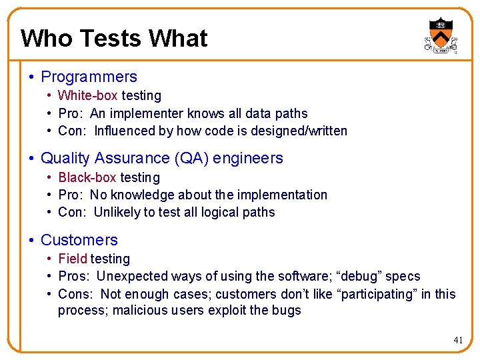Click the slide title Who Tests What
tap(114, 39)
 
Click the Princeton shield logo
tap(440, 35)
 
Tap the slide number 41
tap(458, 340)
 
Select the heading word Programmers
tap(89, 77)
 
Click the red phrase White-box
tap(87, 96)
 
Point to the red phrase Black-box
tap(87, 177)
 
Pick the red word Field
tap(73, 259)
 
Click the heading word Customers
tap(79, 240)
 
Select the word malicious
tap(142, 311)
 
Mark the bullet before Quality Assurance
tap(31, 159)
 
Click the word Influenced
tap(124, 131)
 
